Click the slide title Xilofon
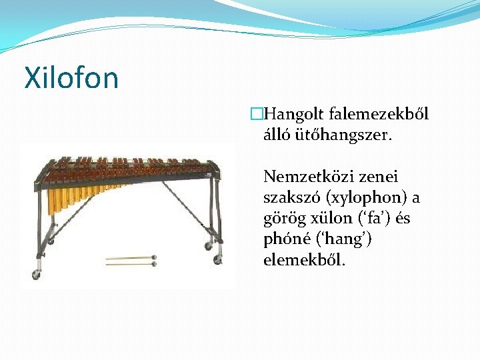[71, 77]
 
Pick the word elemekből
[304, 260]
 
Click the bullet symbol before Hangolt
[255, 115]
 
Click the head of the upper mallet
[154, 257]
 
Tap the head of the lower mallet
[154, 264]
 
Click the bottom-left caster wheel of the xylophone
[36, 274]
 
